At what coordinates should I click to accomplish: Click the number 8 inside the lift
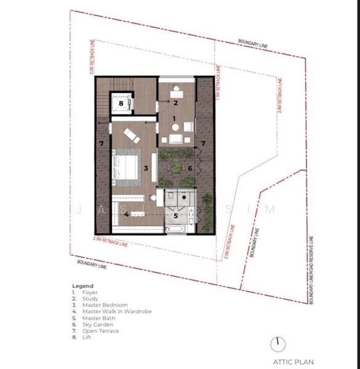coord(121,103)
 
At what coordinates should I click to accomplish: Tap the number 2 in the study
coord(175,103)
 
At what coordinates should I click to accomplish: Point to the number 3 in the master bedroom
coord(146,167)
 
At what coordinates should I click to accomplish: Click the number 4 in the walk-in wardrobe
coord(127,214)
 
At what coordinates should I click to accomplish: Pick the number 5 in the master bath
coord(175,216)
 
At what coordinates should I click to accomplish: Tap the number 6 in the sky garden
coord(190,167)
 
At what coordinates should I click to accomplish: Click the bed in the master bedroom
coord(126,166)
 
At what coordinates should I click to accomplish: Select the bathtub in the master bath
coord(175,230)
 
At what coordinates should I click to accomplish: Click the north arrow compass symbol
coord(281,343)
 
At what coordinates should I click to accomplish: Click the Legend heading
coord(82,286)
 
